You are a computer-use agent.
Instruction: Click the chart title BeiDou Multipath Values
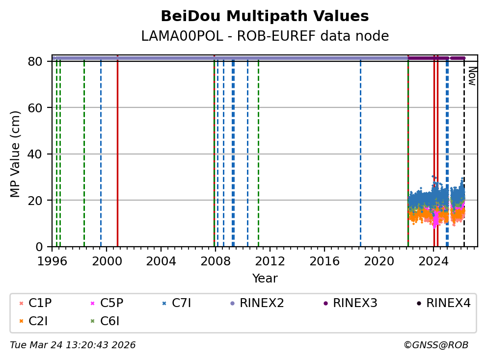(x=265, y=17)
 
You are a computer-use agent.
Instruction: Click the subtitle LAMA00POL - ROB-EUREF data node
(x=265, y=36)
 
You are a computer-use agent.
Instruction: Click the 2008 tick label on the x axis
(x=216, y=260)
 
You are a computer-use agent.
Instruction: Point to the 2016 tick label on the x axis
(x=325, y=260)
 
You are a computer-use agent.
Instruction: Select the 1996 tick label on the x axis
(x=52, y=260)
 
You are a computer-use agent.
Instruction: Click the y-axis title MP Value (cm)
(x=16, y=154)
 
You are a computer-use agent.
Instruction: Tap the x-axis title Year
(x=265, y=279)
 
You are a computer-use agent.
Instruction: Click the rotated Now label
(x=472, y=76)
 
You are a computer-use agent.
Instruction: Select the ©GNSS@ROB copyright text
(x=436, y=345)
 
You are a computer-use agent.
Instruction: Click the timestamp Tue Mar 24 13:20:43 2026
(x=73, y=345)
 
